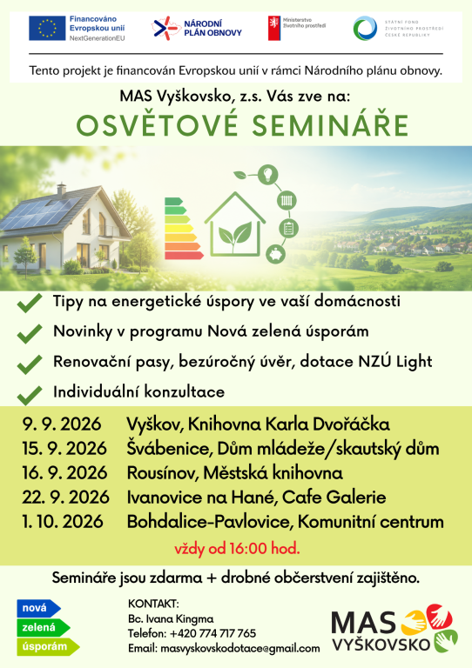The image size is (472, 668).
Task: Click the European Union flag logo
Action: click(47, 28)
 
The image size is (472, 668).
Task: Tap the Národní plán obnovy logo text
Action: click(212, 28)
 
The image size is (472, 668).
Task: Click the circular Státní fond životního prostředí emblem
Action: click(365, 28)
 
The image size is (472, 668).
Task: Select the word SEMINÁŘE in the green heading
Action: click(330, 125)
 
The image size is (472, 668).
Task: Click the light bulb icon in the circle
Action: click(267, 174)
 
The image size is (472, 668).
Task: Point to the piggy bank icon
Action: click(276, 254)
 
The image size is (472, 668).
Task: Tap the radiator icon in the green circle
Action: click(287, 200)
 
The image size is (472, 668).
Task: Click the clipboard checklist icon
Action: click(288, 228)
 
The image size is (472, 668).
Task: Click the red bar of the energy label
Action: click(184, 255)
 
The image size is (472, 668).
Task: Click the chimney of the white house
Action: click(62, 189)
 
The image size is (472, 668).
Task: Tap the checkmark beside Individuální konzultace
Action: click(30, 396)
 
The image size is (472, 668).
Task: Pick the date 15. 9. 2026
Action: click(64, 448)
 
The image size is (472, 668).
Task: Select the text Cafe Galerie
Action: click(334, 498)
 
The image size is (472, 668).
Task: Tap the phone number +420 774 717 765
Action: click(212, 633)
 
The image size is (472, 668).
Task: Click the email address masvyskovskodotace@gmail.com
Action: click(240, 648)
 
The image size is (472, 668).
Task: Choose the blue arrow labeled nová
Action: click(39, 608)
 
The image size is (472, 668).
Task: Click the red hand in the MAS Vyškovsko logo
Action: click(439, 616)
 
